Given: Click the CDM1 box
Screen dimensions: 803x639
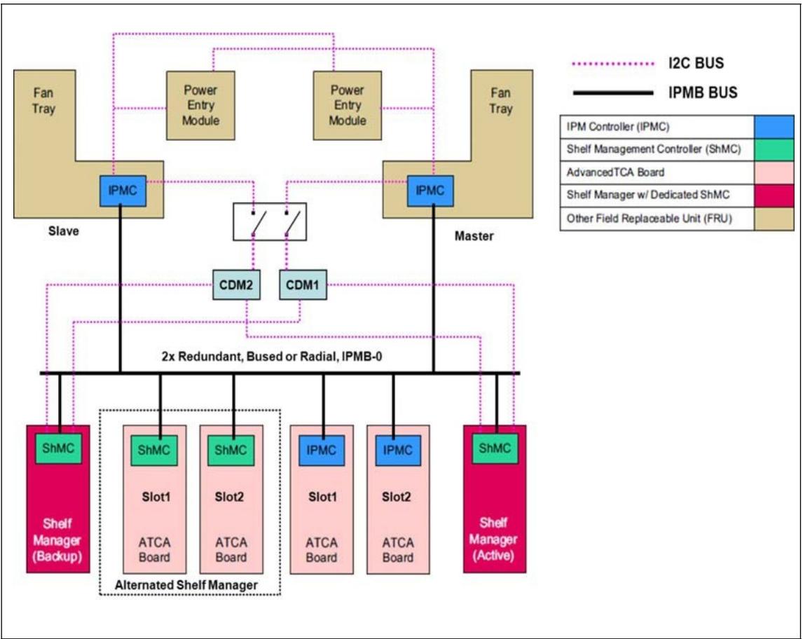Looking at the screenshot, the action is pos(303,284).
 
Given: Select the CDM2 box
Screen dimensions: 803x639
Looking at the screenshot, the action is pos(236,284).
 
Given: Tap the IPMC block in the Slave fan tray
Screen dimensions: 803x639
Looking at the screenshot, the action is pos(123,191).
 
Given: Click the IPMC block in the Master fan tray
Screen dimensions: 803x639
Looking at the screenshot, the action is pos(430,191).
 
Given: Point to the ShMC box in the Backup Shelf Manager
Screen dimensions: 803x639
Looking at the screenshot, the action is pos(58,448).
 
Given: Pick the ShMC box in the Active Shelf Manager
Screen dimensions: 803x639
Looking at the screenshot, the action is pos(494,448).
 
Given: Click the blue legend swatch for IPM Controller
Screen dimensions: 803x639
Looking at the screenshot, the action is pos(774,126).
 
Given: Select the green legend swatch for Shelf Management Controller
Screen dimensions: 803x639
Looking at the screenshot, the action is pos(774,149).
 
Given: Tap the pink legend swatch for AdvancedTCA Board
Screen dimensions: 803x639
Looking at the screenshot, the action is pos(774,172).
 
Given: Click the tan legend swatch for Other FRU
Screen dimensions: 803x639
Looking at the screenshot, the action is pos(774,219).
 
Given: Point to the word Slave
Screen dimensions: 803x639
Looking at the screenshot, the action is pos(64,231).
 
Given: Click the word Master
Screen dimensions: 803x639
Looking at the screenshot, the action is pos(474,236).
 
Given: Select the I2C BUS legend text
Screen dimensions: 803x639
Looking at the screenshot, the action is pos(696,63).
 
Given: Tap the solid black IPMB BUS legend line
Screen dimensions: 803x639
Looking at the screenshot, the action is pos(613,92).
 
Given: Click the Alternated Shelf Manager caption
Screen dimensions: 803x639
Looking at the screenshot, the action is pos(186,585).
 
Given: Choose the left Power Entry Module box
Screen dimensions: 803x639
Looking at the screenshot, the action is pos(200,106).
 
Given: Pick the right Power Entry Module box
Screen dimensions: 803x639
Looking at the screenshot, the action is pos(348,106).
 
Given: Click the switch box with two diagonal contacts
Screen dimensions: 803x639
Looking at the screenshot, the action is pos(270,221).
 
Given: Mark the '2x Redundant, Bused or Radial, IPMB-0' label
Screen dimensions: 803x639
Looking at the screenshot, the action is pos(272,357).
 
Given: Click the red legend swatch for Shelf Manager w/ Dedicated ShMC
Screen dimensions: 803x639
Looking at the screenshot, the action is pos(774,195).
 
